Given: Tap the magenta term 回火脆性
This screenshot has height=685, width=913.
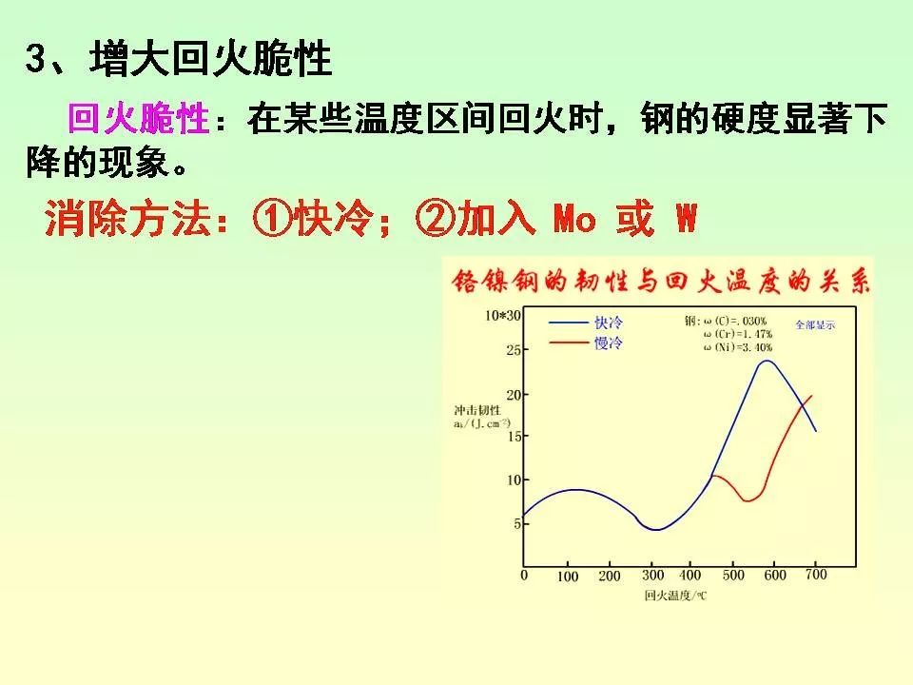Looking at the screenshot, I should [138, 120].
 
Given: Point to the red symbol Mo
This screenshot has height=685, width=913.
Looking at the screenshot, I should [573, 221].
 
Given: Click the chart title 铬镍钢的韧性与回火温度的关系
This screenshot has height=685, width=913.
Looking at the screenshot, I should [660, 282].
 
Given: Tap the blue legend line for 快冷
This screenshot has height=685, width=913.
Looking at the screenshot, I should [569, 323].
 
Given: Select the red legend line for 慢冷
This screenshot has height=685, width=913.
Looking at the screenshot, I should [569, 343].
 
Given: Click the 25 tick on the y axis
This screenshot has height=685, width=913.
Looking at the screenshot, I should [515, 351].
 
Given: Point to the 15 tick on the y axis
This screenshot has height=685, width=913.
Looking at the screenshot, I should [515, 436].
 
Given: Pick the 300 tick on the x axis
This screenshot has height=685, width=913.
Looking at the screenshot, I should [653, 576].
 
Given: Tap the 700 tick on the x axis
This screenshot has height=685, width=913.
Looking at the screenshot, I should [816, 575].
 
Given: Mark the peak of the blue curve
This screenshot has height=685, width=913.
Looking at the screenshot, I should [767, 361].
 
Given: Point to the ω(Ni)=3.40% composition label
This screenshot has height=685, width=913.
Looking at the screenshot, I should [738, 348].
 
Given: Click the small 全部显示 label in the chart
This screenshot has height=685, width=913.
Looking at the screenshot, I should [815, 324].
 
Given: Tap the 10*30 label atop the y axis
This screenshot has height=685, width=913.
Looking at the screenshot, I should [503, 315].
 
